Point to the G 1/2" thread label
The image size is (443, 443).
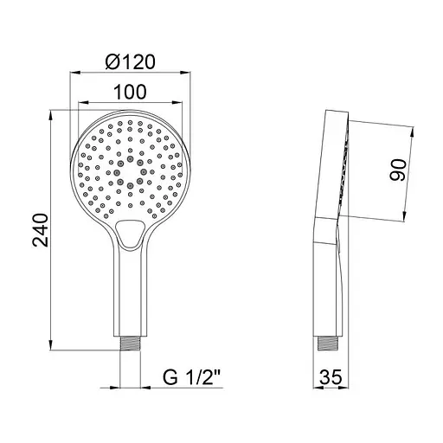(191, 376)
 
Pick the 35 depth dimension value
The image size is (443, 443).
(330, 376)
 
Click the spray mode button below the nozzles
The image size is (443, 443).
(129, 231)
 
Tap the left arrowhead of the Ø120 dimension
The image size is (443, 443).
(73, 74)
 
